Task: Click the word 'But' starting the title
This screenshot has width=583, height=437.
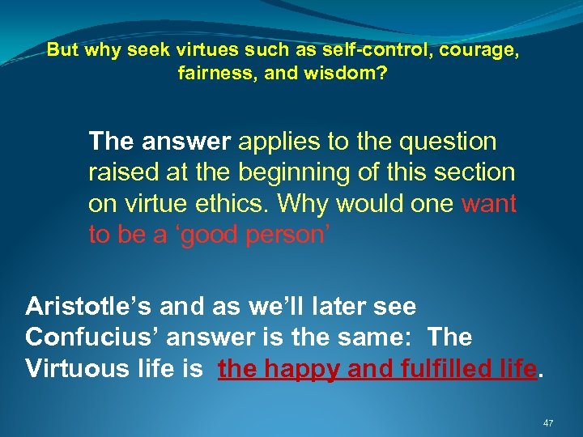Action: [x=62, y=49]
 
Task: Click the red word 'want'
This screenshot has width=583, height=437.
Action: [x=488, y=203]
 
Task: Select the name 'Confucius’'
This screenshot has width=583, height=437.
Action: [x=83, y=338]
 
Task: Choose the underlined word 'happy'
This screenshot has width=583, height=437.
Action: [x=292, y=369]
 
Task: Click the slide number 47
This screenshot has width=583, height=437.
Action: [x=548, y=422]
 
